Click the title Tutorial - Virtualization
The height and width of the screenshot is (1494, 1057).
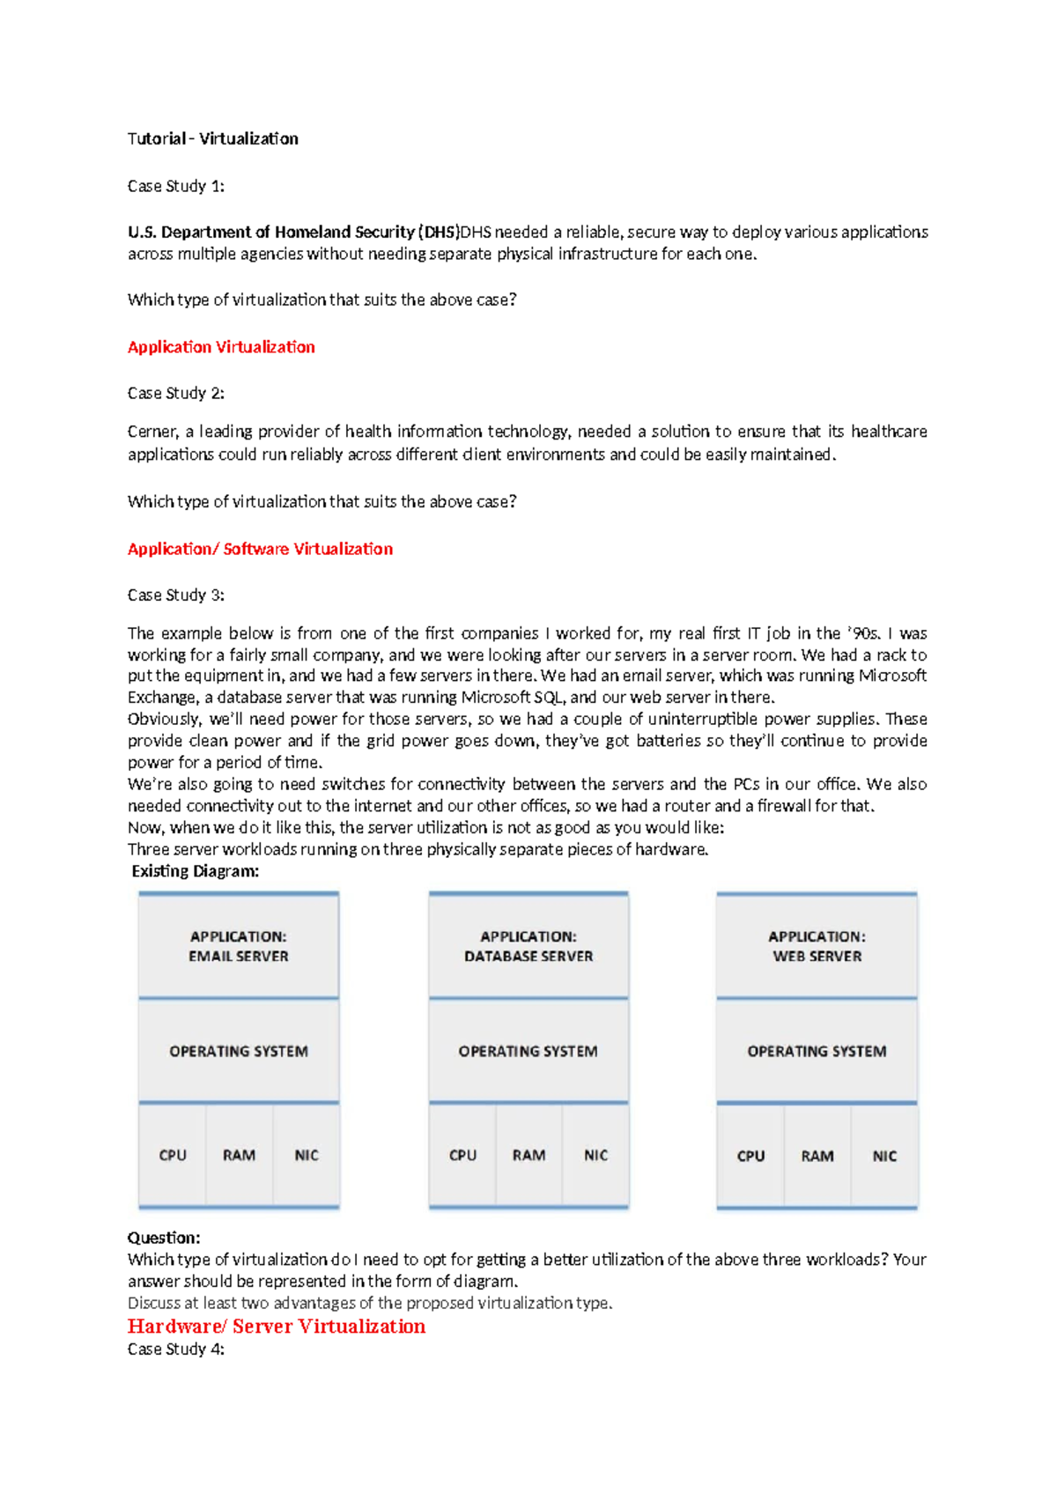(212, 138)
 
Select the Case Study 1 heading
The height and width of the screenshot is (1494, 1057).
(175, 186)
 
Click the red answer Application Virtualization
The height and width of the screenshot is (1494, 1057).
(221, 347)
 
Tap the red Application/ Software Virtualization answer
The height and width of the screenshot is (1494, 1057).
(260, 549)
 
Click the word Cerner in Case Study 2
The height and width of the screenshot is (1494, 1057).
(152, 432)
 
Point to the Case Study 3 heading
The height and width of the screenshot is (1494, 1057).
(175, 595)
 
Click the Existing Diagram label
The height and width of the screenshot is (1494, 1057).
(195, 871)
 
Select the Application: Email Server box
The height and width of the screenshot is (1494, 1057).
(239, 946)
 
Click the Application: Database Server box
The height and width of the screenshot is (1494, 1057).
(528, 946)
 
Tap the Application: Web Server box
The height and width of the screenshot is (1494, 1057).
(817, 946)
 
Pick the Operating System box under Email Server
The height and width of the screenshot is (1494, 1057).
(239, 1051)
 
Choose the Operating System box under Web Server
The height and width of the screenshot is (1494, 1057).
(817, 1051)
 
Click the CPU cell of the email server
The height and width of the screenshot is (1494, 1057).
(173, 1155)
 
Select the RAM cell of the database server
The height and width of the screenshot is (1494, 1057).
(528, 1155)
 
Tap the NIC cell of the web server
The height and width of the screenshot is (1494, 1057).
(884, 1156)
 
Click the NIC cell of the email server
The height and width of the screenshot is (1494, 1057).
(307, 1155)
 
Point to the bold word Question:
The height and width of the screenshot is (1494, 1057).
(164, 1238)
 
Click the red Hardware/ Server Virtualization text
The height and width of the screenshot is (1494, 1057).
(276, 1327)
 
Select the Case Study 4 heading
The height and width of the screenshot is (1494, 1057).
(175, 1350)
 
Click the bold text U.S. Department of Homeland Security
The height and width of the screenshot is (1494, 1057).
(271, 233)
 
